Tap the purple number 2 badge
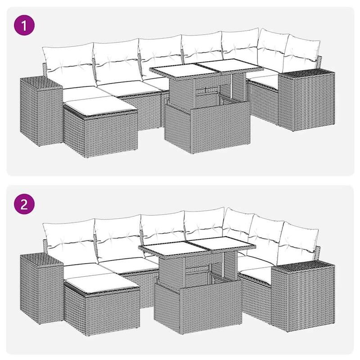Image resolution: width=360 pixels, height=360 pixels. point(26,205)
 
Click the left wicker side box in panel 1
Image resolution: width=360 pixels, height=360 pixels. point(40,112)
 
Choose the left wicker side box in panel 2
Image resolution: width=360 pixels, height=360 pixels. point(40,288)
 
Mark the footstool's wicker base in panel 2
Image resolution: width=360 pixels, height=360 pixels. point(99,310)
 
